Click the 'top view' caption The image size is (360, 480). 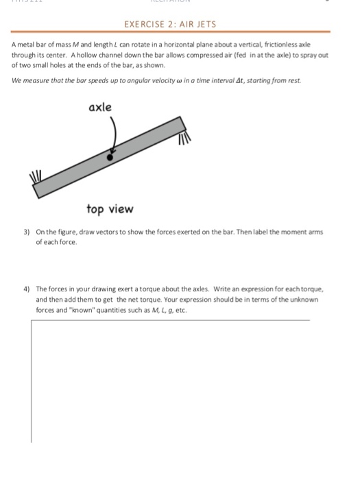(x=110, y=208)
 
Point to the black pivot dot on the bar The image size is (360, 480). (x=109, y=156)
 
